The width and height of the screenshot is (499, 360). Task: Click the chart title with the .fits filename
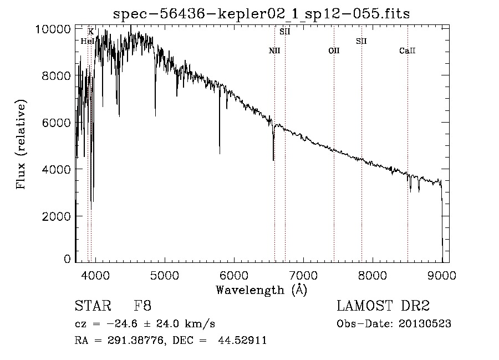261,14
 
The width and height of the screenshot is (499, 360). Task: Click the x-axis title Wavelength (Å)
261,290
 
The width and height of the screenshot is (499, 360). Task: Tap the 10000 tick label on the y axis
55,29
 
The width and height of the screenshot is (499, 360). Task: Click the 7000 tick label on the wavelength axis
303,274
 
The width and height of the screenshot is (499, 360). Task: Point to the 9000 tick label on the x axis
442,274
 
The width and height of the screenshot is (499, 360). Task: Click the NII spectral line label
274,51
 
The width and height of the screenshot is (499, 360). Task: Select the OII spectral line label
334,51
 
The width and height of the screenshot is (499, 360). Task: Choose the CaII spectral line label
408,51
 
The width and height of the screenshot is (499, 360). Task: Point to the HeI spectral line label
87,41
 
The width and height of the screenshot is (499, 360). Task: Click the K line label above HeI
91,32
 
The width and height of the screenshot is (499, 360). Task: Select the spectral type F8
142,306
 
